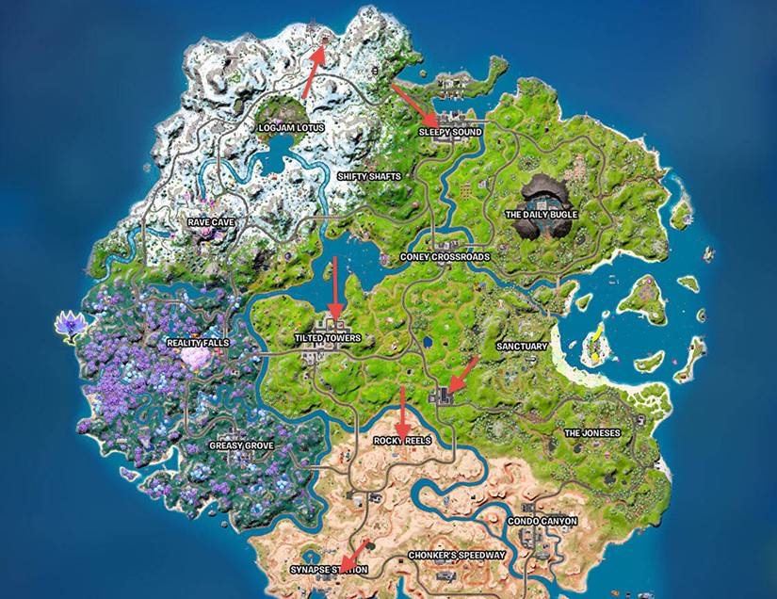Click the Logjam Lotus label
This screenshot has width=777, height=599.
pyautogui.click(x=290, y=127)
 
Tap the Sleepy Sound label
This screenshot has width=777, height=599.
pyautogui.click(x=449, y=133)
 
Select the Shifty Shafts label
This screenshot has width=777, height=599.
pyautogui.click(x=369, y=176)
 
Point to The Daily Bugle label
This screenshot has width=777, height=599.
pyautogui.click(x=542, y=215)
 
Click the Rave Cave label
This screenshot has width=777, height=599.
pyautogui.click(x=211, y=222)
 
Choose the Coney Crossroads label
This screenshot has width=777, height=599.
pyautogui.click(x=431, y=256)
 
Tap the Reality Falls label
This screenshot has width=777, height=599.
pyautogui.click(x=197, y=343)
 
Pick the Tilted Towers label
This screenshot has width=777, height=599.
pyautogui.click(x=328, y=338)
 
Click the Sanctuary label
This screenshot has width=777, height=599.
pyautogui.click(x=521, y=347)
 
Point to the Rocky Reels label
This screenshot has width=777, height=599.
pyautogui.click(x=402, y=441)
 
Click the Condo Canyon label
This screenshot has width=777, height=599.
pyautogui.click(x=542, y=521)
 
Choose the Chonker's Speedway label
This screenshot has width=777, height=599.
pyautogui.click(x=456, y=556)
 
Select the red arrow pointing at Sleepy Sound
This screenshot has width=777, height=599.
pyautogui.click(x=411, y=102)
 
